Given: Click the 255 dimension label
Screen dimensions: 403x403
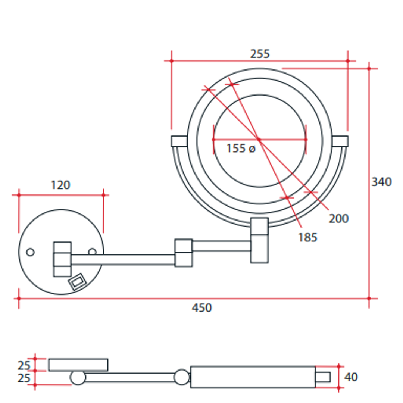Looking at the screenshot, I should click(259, 54).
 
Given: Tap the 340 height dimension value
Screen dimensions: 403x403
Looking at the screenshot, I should click(381, 182).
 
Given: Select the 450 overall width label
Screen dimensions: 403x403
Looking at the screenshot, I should click(202, 308).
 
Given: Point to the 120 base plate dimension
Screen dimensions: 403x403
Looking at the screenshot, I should click(60, 185).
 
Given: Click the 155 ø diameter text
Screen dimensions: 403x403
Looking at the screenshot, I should click(241, 149).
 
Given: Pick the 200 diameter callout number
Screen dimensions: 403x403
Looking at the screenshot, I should click(338, 219).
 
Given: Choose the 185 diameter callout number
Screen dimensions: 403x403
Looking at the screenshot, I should click(307, 237).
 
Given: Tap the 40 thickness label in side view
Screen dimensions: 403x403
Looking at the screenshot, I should click(351, 377).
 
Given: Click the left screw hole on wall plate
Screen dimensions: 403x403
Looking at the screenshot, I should click(30, 252).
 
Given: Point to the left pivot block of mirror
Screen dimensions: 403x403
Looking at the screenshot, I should click(179, 141).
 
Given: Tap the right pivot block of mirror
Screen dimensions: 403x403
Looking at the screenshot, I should click(340, 141).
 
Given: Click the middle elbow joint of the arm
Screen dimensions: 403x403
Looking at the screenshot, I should click(184, 253).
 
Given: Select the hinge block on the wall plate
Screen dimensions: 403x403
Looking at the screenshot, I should click(62, 259).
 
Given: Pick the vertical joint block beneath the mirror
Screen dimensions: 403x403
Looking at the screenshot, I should click(259, 240).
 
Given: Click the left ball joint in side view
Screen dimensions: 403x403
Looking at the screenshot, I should click(78, 378).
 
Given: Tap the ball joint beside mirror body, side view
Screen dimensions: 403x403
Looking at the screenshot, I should click(182, 377).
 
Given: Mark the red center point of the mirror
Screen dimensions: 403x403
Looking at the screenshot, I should click(259, 140).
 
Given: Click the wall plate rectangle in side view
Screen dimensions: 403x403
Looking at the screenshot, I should click(78, 365).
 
